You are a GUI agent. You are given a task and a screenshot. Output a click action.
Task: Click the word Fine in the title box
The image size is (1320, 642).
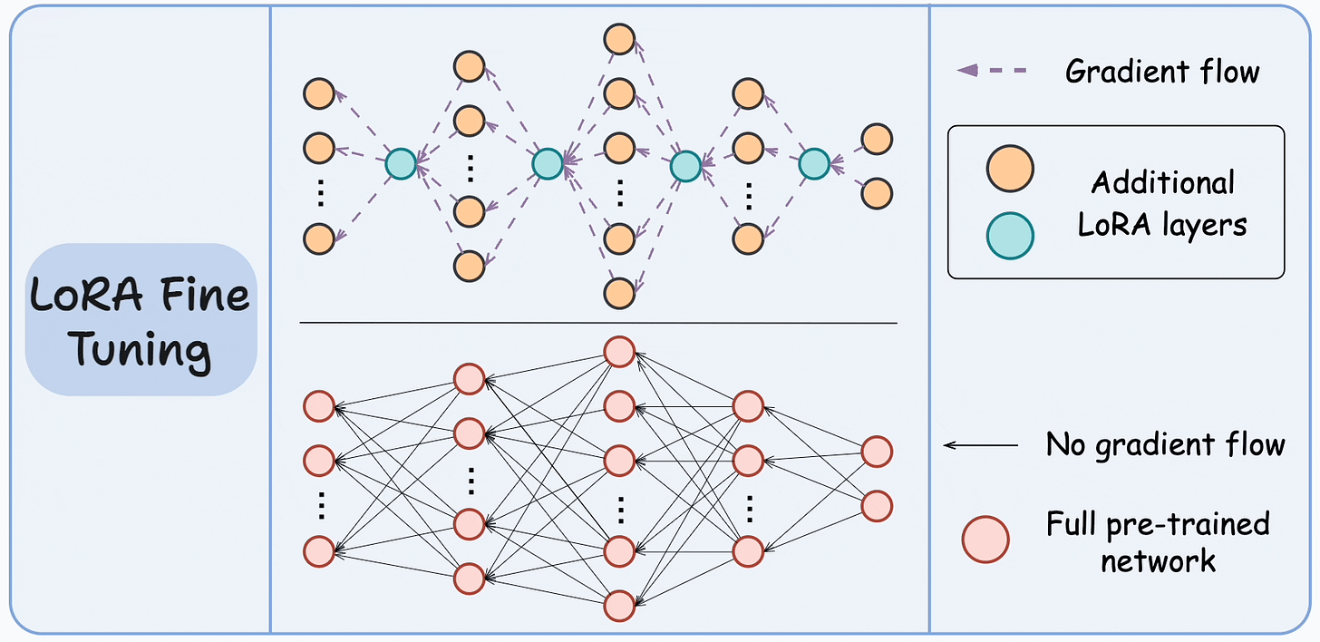point(209,297)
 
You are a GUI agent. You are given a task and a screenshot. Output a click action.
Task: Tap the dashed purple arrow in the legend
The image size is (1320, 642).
point(992,70)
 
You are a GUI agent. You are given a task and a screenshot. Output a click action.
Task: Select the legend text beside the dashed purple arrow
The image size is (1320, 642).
point(1162,71)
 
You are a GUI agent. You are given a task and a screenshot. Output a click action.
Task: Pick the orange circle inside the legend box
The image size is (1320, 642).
point(1010,170)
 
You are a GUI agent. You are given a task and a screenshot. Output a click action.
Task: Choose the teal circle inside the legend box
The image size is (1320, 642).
point(1010,235)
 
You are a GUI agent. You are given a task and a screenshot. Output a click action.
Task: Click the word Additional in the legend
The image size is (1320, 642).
point(1162,182)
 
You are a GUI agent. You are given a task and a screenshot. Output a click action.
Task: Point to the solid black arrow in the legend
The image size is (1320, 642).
point(981,445)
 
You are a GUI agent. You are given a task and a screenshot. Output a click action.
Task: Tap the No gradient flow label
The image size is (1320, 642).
point(1165,445)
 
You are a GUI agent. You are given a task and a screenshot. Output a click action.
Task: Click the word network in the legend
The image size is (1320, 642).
point(1158,560)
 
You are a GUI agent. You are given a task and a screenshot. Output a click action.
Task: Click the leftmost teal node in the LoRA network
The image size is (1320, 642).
point(401,163)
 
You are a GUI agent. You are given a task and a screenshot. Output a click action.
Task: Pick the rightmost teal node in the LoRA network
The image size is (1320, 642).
point(814,163)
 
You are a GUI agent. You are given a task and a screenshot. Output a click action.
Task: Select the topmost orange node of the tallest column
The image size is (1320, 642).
point(619,39)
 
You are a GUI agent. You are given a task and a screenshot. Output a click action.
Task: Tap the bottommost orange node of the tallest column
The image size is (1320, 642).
point(619,293)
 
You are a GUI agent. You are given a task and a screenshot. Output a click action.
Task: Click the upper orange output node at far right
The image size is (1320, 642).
point(877,140)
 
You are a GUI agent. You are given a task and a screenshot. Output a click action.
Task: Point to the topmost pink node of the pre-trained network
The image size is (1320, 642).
point(619,352)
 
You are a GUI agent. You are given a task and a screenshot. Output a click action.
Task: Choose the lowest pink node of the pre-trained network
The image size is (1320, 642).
point(619,604)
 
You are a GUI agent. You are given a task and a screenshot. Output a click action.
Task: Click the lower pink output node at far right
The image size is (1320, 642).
point(877,506)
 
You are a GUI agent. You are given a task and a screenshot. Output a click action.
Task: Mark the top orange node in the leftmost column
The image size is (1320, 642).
point(319,92)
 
